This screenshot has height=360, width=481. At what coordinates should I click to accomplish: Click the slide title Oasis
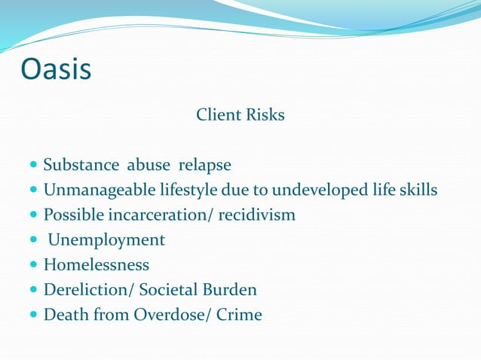point(57,69)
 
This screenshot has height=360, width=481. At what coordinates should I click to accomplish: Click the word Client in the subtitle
point(216,115)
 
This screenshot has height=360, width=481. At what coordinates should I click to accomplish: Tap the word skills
point(417,190)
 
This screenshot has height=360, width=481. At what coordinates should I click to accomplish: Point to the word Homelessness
point(97,265)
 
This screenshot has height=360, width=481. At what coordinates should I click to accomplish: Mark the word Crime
point(239,315)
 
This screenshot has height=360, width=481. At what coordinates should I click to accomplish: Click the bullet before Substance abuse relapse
point(33,165)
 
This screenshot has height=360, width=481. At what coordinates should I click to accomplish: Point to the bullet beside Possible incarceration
point(33,215)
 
